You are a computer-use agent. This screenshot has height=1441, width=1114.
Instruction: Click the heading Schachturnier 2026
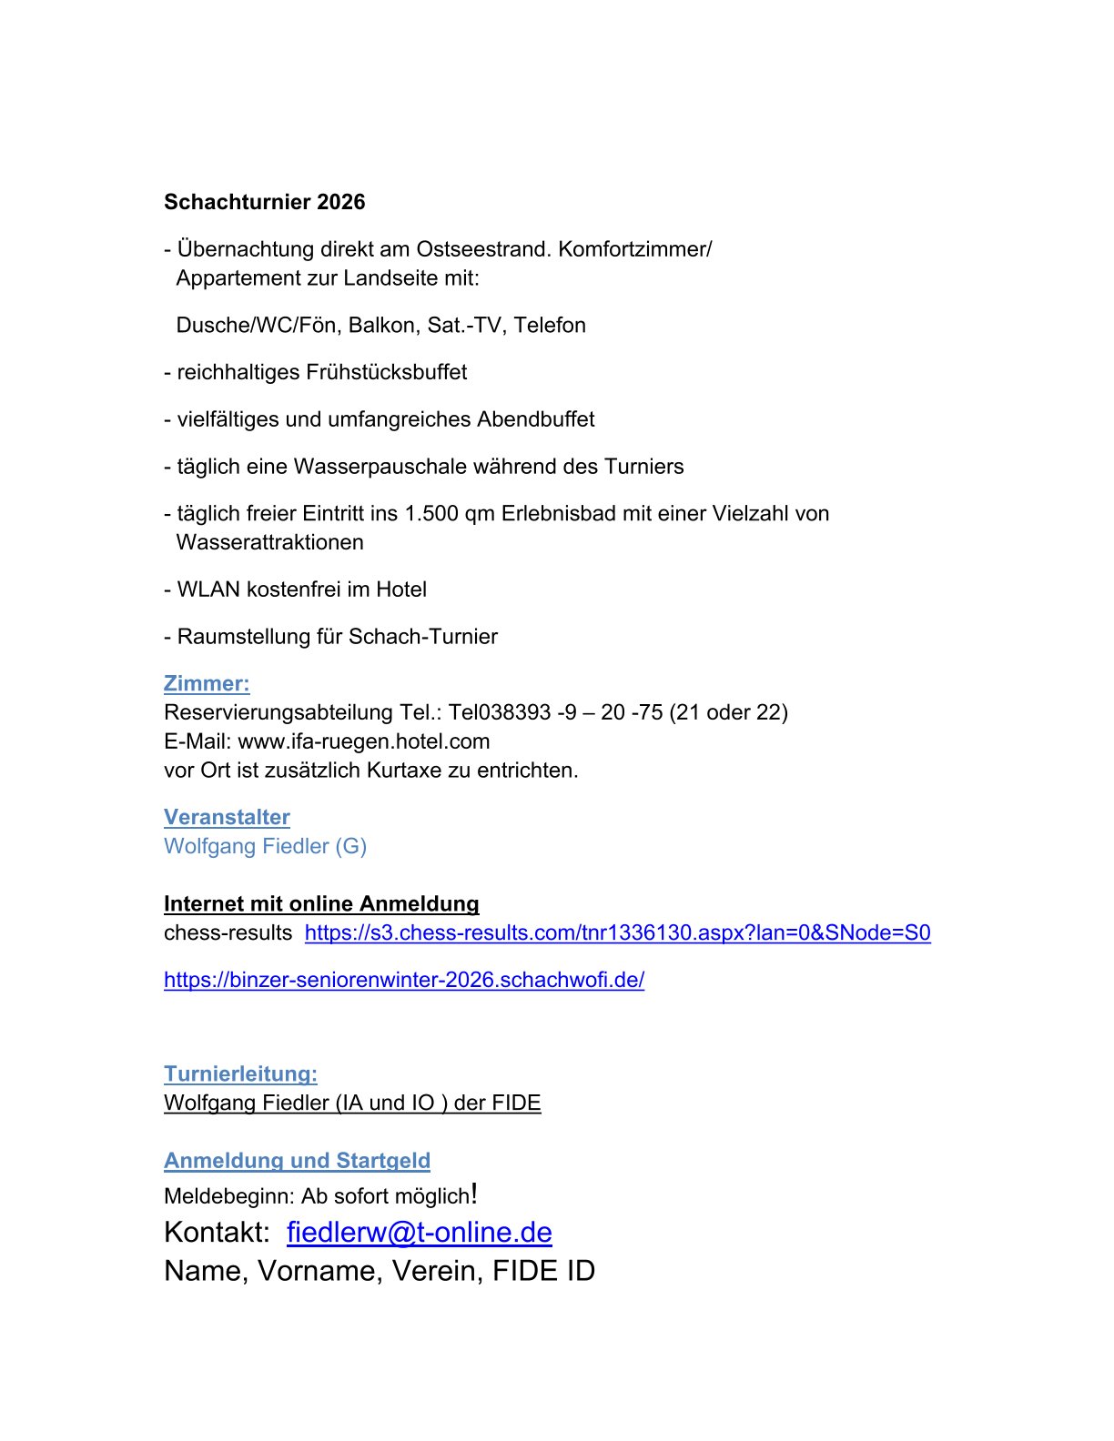pos(264,202)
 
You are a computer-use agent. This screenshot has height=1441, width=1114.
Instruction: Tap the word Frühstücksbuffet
pos(387,372)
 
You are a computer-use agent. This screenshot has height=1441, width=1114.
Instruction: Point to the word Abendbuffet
pos(536,419)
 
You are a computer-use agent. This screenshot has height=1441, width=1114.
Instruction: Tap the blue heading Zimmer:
pos(207,684)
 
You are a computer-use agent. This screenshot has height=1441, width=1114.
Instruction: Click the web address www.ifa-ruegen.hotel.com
pos(364,741)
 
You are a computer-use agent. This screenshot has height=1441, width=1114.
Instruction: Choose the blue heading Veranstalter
pos(227,818)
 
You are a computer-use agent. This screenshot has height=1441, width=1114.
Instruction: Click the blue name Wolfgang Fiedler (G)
pos(265,847)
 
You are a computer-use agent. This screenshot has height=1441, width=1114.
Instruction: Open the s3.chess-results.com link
pos(617,933)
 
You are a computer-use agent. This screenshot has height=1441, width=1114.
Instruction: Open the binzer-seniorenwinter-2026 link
pos(404,981)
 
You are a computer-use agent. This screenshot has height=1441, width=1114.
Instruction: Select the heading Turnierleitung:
pos(240,1074)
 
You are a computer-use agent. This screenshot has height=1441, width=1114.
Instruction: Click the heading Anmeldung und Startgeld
pos(297,1162)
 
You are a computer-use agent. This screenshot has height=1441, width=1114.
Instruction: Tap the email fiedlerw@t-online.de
pos(419,1233)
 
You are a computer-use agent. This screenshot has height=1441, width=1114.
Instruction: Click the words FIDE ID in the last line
pos(543,1272)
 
